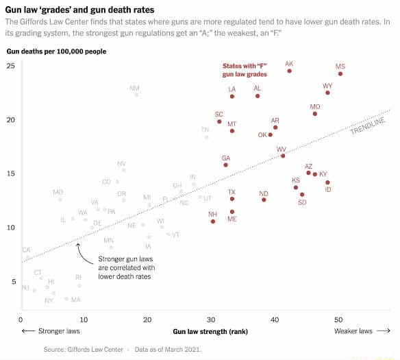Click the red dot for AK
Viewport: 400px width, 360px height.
point(289,71)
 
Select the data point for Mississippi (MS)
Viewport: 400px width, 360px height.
point(340,73)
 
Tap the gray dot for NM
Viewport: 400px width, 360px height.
point(136,95)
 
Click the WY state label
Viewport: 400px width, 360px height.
point(327,86)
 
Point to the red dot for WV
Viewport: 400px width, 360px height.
point(283,156)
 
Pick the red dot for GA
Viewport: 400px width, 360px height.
point(225,165)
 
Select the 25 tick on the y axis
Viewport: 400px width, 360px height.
point(10,66)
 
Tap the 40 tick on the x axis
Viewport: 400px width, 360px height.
point(275,320)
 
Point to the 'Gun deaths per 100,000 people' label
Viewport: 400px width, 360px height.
point(56,51)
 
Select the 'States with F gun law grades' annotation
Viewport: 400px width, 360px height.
point(245,70)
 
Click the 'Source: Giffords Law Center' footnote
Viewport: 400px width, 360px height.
point(83,349)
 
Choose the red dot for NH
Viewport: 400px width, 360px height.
point(213,221)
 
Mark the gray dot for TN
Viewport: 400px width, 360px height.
point(206,137)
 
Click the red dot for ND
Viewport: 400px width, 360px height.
point(264,201)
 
